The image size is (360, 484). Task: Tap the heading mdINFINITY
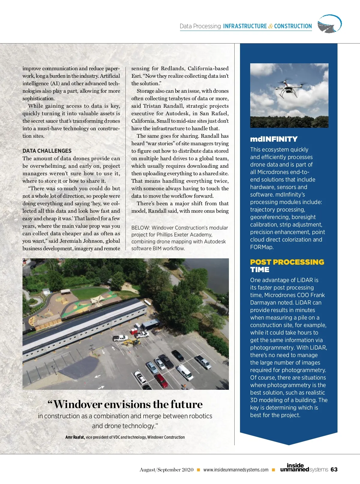274,139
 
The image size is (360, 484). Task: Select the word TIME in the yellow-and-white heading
260,270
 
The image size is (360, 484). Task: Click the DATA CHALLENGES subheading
47,151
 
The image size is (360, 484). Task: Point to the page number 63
334,470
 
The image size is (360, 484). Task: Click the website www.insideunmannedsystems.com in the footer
236,470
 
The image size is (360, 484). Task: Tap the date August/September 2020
166,470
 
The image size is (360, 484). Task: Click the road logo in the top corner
329,24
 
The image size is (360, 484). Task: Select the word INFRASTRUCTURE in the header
245,26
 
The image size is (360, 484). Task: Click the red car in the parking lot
161,380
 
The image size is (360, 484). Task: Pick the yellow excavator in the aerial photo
132,342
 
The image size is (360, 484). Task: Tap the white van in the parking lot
184,373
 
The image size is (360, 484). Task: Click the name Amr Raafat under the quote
75,437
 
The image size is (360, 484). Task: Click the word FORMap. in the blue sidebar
262,247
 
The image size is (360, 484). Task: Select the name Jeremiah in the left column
70,241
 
